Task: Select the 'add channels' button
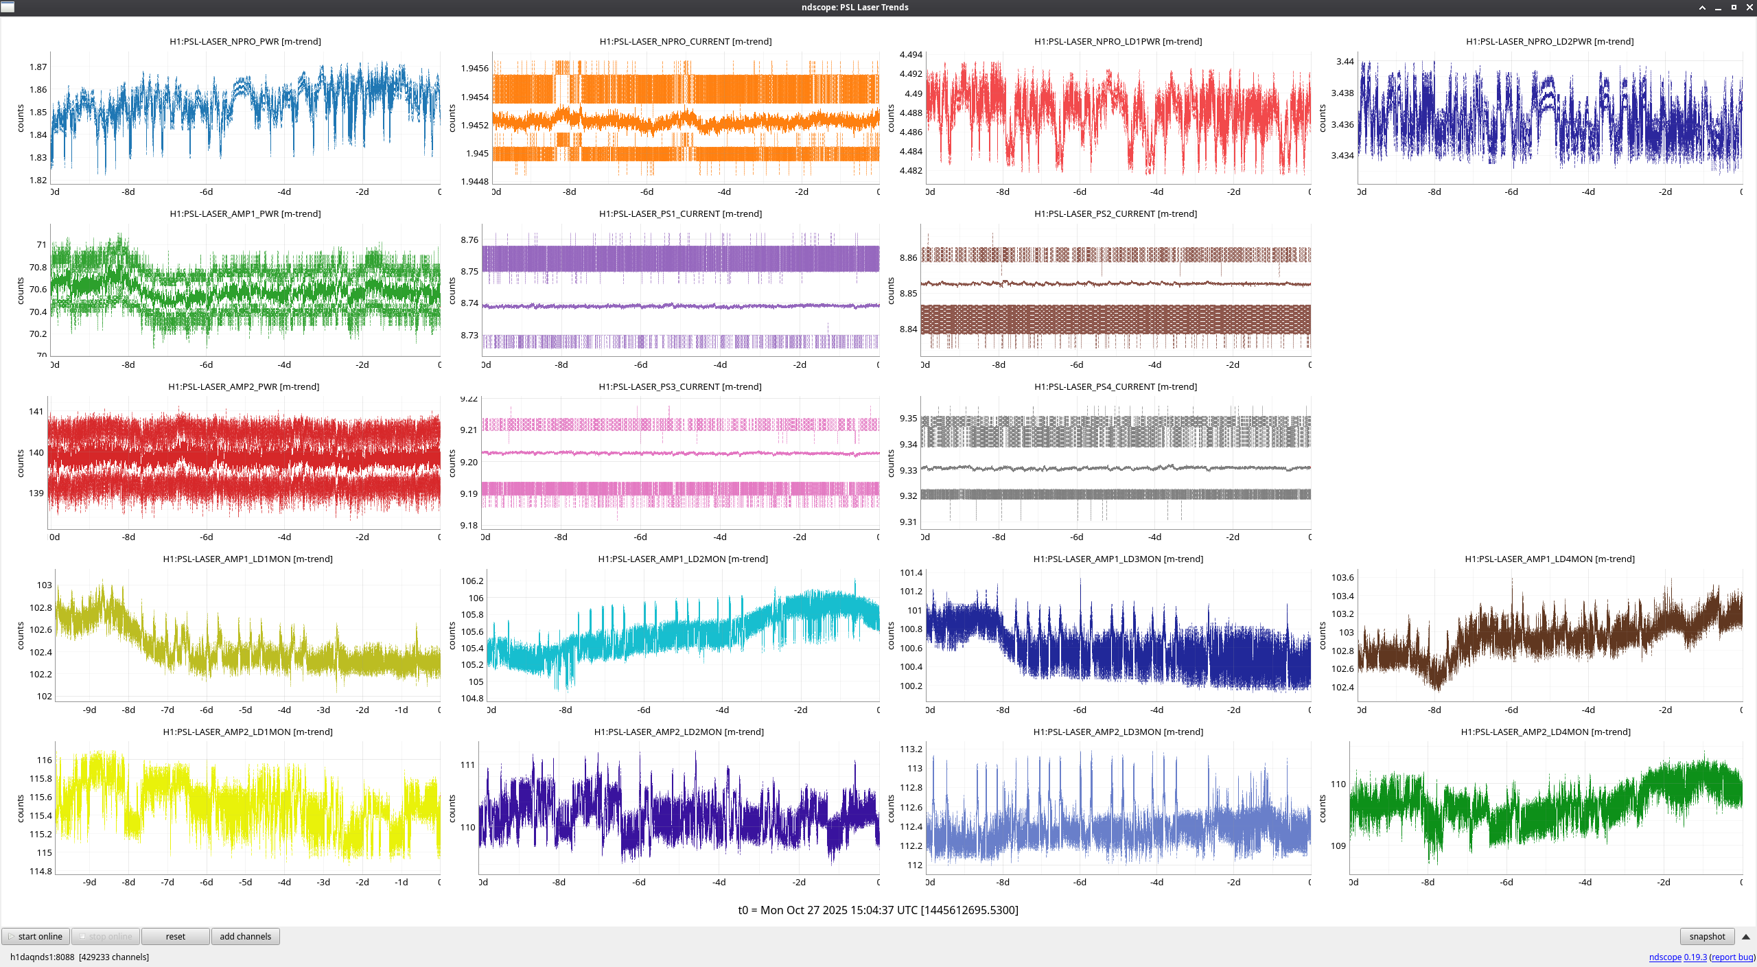tap(245, 936)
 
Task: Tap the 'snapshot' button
tap(1707, 936)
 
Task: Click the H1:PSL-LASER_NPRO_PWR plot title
tap(245, 41)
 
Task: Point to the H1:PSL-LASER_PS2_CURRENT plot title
tap(1115, 213)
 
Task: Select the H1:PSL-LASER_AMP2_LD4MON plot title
tap(1546, 732)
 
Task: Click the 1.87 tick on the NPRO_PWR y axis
tap(38, 67)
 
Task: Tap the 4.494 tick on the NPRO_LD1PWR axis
tap(911, 54)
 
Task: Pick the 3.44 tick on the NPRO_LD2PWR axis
tap(1345, 61)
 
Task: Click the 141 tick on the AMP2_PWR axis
tap(36, 411)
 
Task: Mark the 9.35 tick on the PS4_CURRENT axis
tap(908, 418)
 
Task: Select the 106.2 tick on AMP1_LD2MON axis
tap(472, 581)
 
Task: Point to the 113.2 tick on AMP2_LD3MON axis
tap(911, 749)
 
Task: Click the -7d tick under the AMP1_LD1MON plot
tap(167, 710)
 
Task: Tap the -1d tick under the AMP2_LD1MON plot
tap(402, 882)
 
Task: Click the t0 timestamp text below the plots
tap(878, 910)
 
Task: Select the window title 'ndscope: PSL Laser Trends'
tap(854, 7)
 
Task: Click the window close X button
tap(1749, 7)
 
